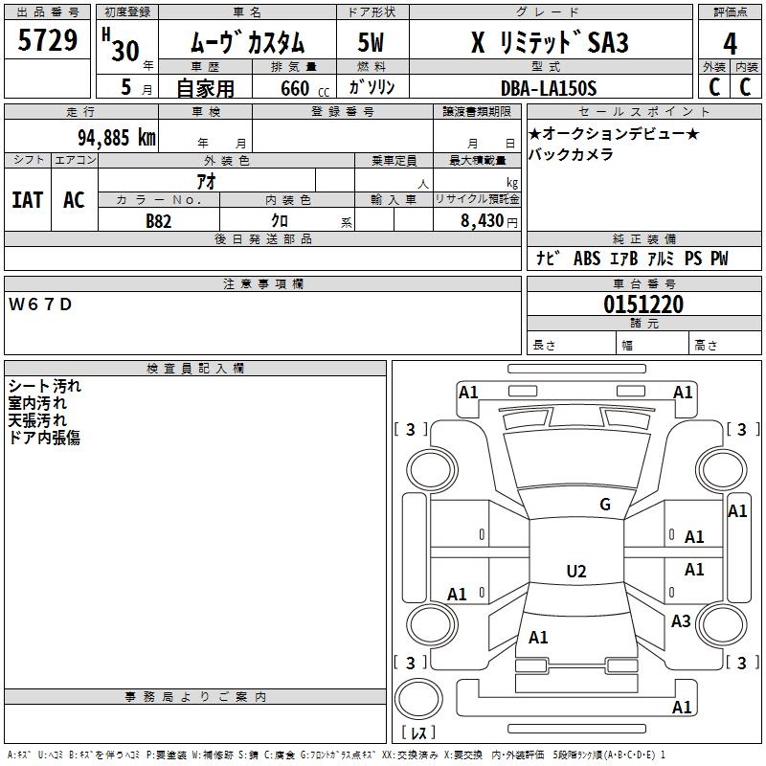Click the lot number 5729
tap(47, 40)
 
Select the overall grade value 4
tap(730, 43)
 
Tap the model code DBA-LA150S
tap(549, 88)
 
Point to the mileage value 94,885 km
tap(117, 138)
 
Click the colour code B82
tap(159, 221)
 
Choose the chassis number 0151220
tap(643, 304)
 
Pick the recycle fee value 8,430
tap(482, 221)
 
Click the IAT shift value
tap(28, 200)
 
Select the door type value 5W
tap(371, 42)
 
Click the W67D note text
tap(40, 304)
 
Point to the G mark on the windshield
tap(605, 505)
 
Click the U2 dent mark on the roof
tap(576, 571)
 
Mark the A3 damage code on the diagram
tap(681, 620)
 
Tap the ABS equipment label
tap(587, 259)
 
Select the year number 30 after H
tap(125, 51)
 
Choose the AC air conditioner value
tap(75, 200)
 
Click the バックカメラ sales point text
tap(571, 155)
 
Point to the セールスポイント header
tap(643, 112)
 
